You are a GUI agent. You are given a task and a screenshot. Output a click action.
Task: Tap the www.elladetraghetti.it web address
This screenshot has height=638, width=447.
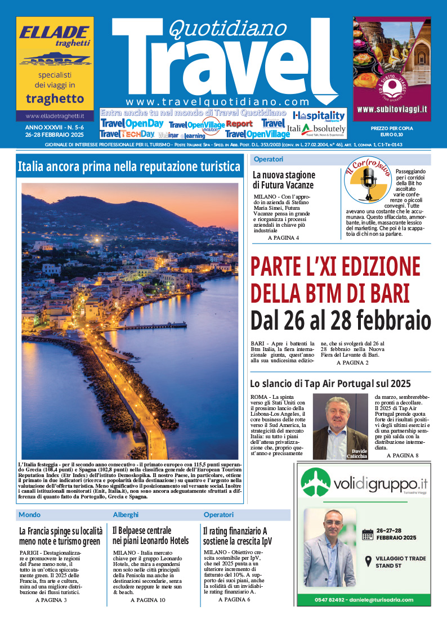click(x=55, y=116)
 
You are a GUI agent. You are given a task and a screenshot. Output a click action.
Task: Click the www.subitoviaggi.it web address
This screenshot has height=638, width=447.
click(x=392, y=109)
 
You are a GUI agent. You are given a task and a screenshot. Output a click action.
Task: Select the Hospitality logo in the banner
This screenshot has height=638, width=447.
click(x=319, y=115)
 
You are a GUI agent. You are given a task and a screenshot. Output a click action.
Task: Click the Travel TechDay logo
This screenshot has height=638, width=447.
click(x=127, y=134)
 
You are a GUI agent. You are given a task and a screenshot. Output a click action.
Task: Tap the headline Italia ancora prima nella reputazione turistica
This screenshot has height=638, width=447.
click(x=129, y=167)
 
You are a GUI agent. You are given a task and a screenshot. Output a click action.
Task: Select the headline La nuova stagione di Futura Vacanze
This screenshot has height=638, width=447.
click(x=283, y=179)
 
